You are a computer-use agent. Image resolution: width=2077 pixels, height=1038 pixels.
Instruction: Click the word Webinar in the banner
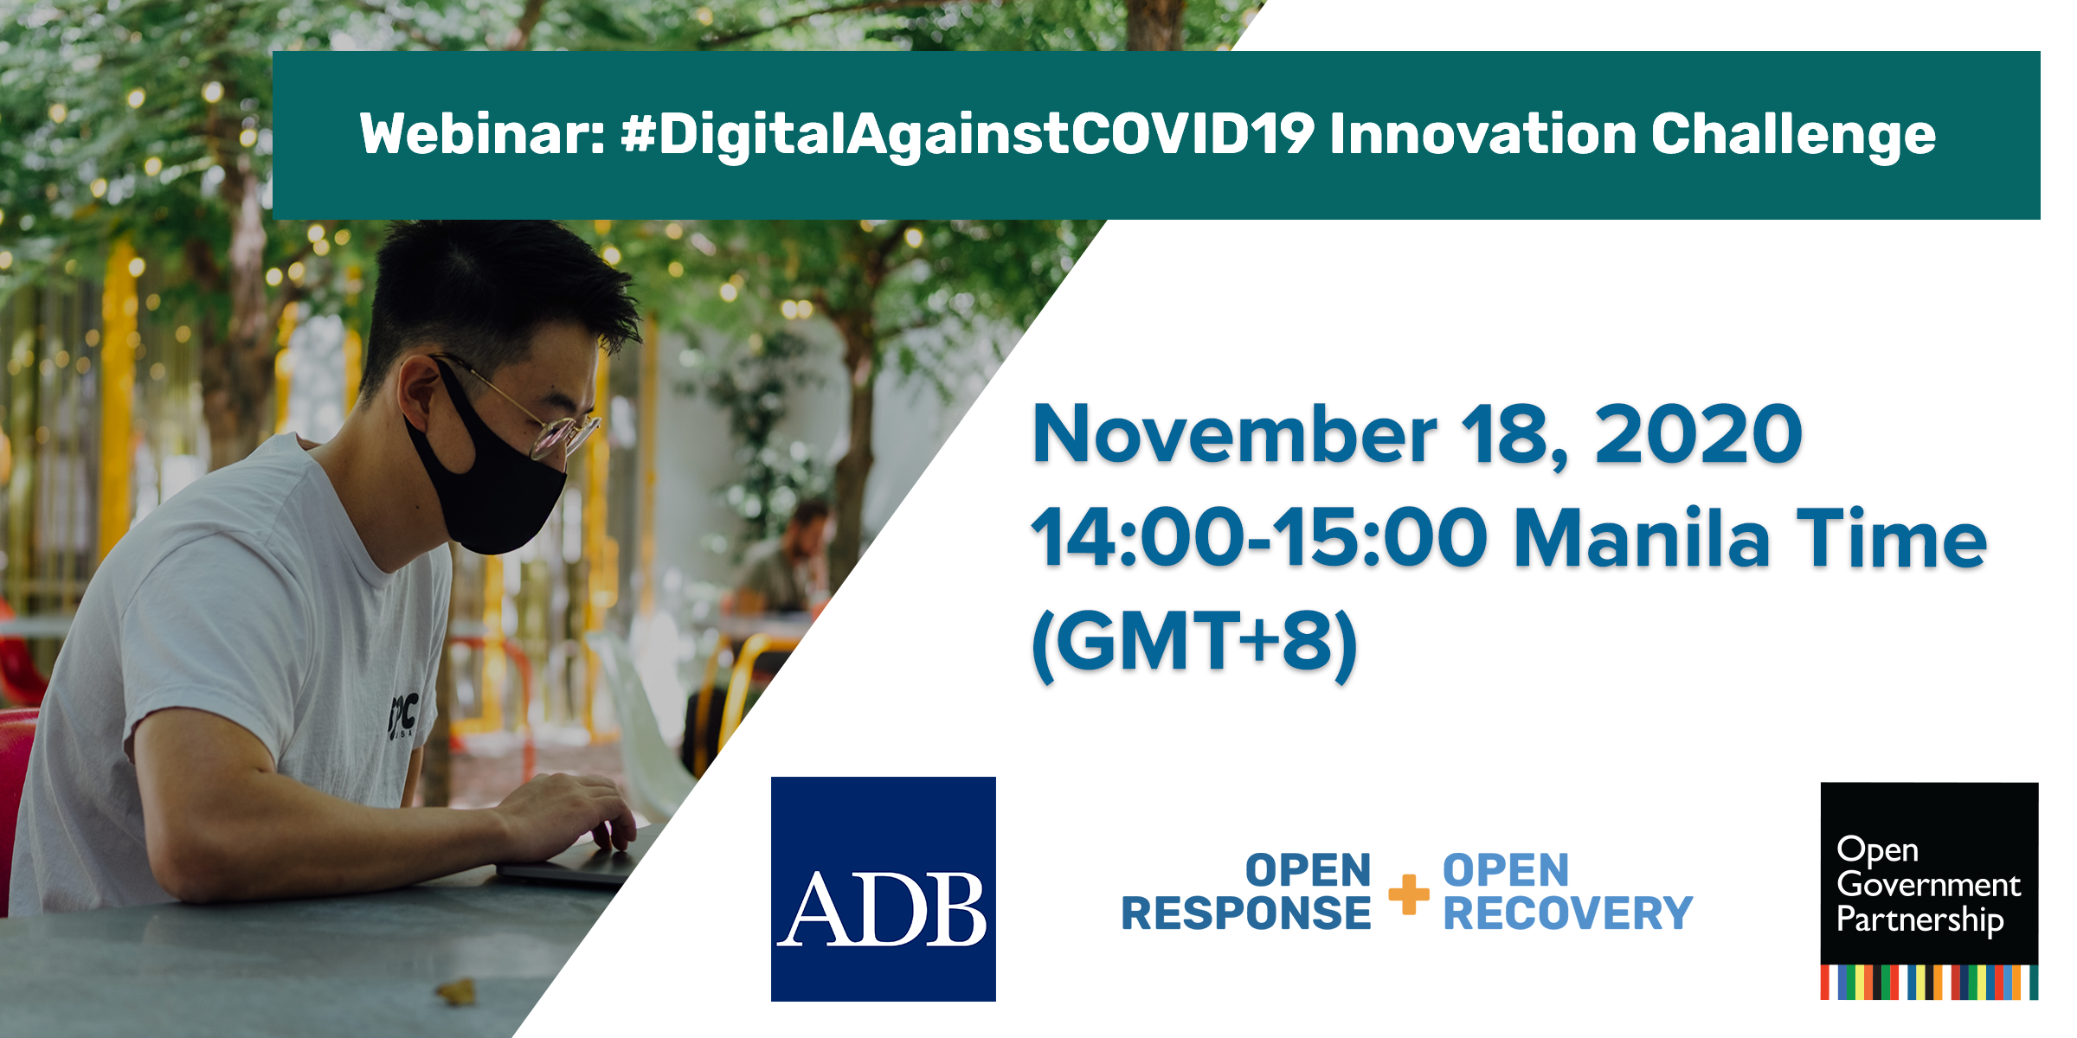pyautogui.click(x=480, y=135)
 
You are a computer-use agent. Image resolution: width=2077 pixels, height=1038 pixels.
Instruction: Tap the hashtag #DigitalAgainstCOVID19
pyautogui.click(x=968, y=135)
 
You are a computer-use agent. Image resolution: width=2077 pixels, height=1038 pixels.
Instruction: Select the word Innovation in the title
pyautogui.click(x=1482, y=135)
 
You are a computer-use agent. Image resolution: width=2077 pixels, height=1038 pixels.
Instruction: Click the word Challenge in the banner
pyautogui.click(x=1793, y=137)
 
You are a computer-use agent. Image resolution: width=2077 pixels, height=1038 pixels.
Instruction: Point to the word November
pyautogui.click(x=1233, y=435)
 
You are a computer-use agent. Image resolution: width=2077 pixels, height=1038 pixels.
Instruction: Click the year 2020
pyautogui.click(x=1698, y=435)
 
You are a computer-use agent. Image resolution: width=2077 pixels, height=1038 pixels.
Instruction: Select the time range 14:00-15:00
pyautogui.click(x=1259, y=539)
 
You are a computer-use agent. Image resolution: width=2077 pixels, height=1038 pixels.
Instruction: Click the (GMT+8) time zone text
pyautogui.click(x=1194, y=643)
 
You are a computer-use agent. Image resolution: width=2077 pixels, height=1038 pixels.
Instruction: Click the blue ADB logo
pyautogui.click(x=883, y=888)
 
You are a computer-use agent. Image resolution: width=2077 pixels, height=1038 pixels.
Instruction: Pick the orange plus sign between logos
pyautogui.click(x=1408, y=894)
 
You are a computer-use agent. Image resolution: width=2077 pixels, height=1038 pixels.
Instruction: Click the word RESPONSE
pyautogui.click(x=1246, y=913)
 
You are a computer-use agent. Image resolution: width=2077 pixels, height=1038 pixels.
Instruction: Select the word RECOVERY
pyautogui.click(x=1567, y=913)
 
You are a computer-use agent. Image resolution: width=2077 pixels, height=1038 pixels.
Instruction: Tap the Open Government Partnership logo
pyautogui.click(x=1929, y=891)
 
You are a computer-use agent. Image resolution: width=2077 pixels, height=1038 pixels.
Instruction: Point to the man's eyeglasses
pyautogui.click(x=554, y=428)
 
